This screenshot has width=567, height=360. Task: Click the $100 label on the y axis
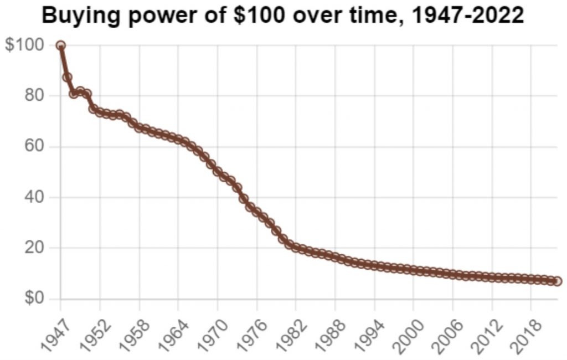coord(24,45)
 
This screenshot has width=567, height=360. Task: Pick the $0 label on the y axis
coord(31,299)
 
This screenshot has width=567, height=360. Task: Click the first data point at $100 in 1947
coord(61,45)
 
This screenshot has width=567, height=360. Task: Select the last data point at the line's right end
coord(557,281)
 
